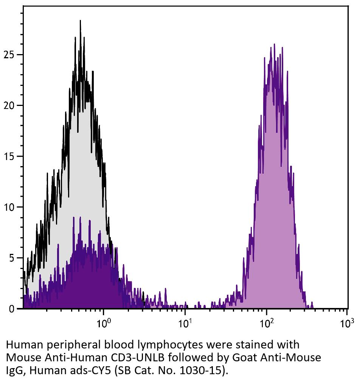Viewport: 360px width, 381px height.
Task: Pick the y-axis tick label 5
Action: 11,258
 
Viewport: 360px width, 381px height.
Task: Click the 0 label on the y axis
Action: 11,309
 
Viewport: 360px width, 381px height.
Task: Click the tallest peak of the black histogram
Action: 80,21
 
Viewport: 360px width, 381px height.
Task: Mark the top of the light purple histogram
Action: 272,46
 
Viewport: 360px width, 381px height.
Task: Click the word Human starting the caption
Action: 24,345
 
